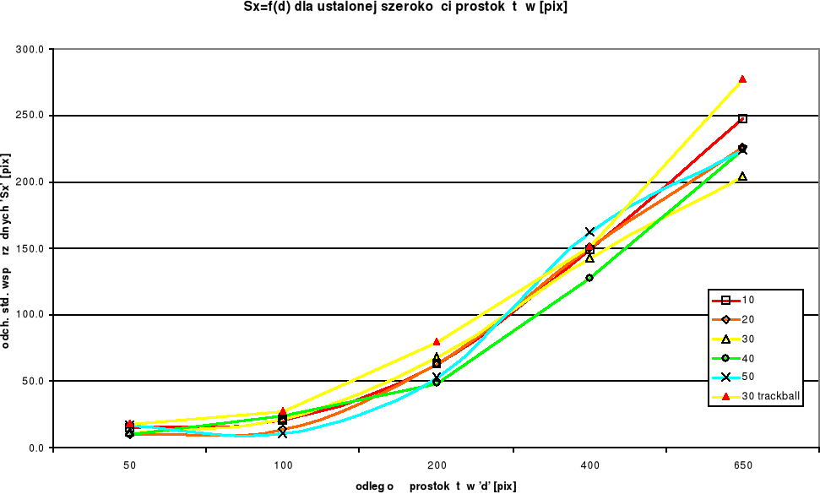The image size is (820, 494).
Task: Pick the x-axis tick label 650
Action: pos(743,465)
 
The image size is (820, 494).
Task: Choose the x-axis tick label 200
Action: pos(437,465)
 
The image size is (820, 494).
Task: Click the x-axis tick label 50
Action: pos(129,465)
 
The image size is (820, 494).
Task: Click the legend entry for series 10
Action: pos(747,301)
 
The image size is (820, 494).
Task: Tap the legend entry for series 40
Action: pos(747,358)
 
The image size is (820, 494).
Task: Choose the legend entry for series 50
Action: pos(747,377)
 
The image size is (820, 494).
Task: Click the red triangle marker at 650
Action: pos(742,79)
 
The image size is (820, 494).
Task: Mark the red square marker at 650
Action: pos(742,119)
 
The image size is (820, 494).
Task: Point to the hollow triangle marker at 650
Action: pos(742,176)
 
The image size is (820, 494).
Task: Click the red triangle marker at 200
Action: pos(437,342)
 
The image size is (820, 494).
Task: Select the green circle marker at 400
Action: pos(589,277)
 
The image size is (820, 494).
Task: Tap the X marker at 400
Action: pos(589,231)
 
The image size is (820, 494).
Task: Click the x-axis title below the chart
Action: pos(436,486)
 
